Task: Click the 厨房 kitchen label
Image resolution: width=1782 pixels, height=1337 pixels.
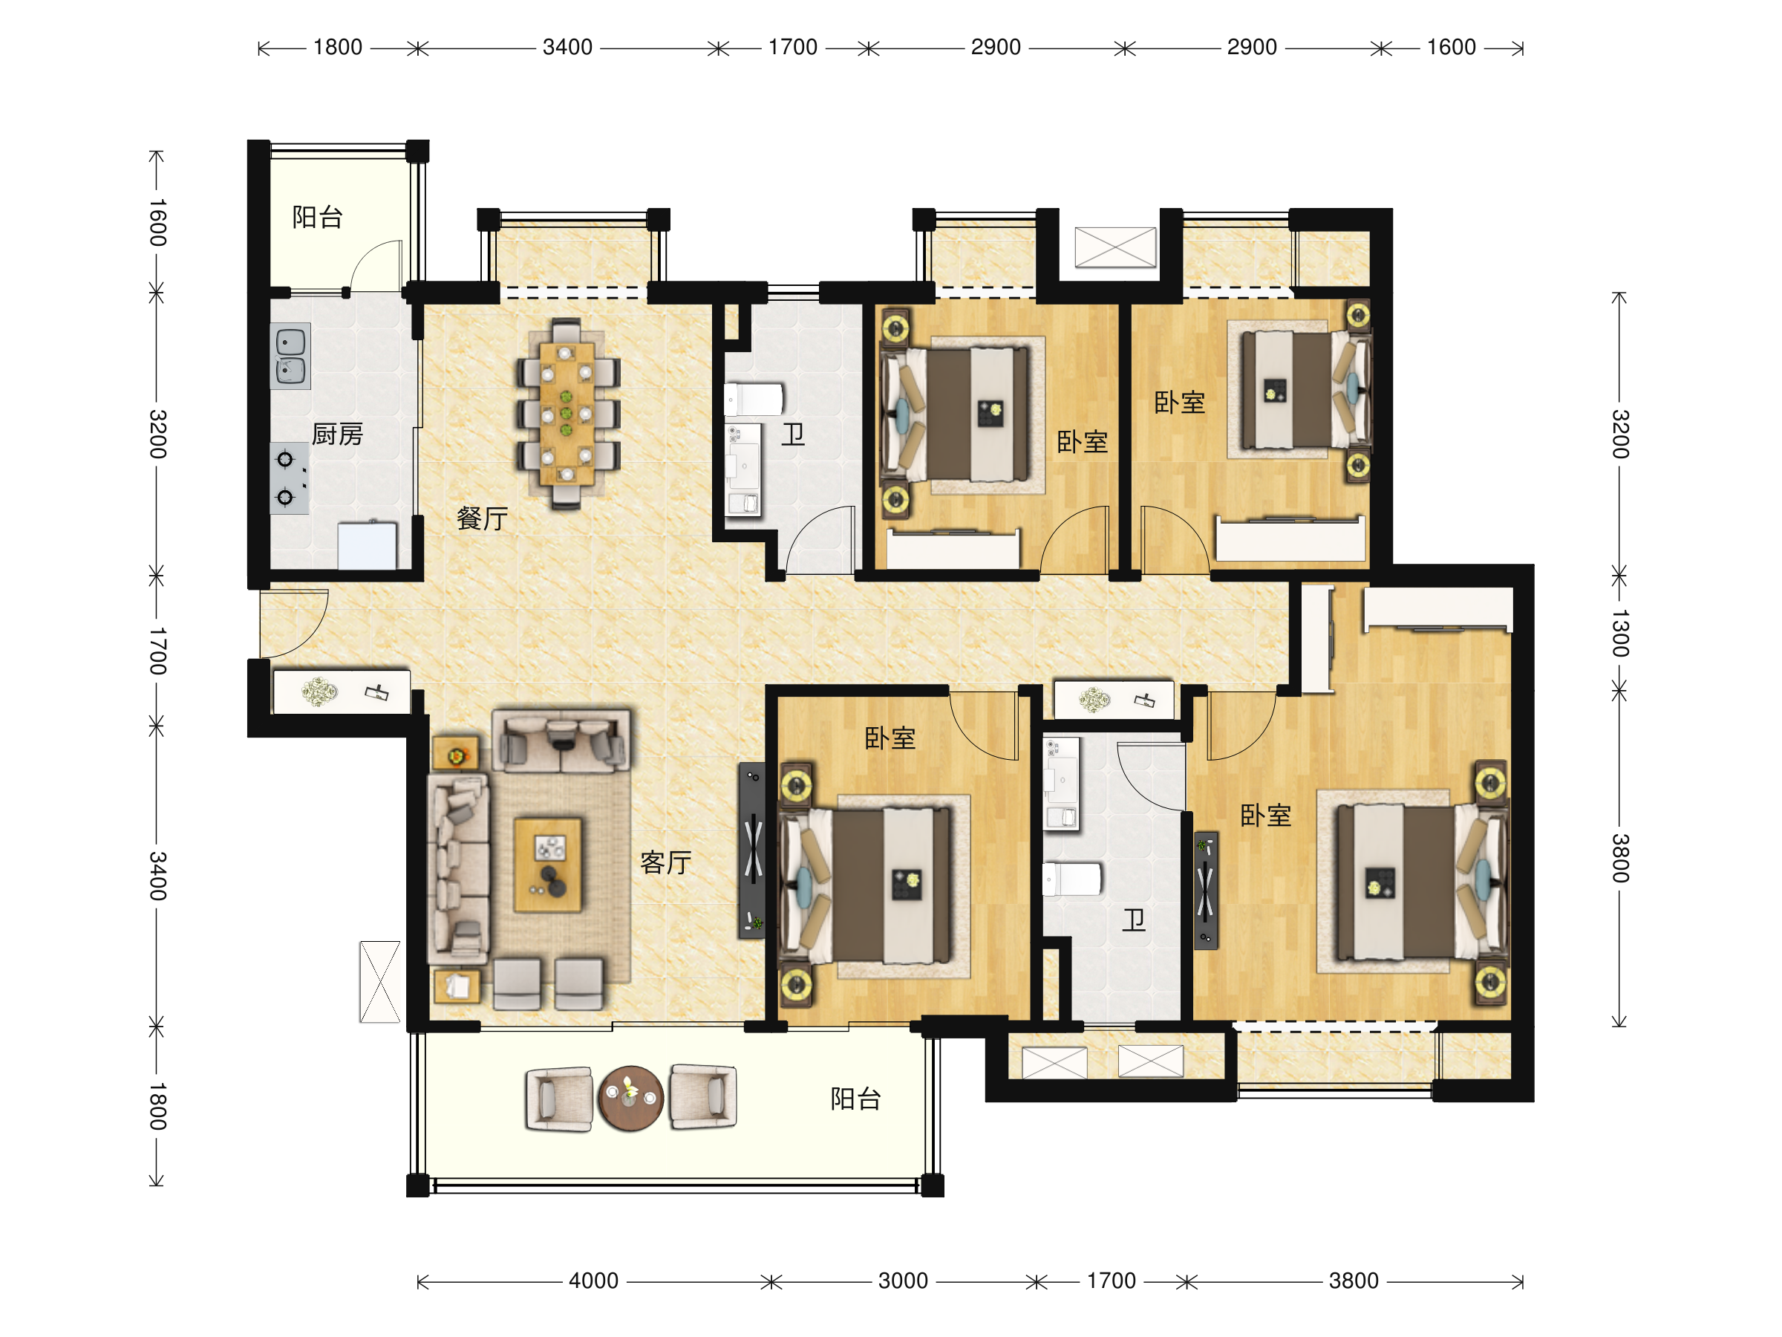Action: pos(338,435)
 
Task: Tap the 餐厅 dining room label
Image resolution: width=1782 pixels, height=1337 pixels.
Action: pos(482,518)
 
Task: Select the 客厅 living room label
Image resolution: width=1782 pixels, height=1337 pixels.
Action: pos(665,862)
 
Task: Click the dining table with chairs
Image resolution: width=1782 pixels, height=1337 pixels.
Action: pos(568,414)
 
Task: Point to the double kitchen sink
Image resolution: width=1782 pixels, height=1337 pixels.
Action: pos(290,357)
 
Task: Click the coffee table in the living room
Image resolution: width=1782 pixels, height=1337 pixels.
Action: pos(548,865)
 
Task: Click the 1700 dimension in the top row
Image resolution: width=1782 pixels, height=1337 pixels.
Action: pos(793,48)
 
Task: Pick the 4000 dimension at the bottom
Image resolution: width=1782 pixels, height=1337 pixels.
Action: pos(594,1281)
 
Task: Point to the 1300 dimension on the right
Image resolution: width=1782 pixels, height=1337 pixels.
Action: pos(1619,634)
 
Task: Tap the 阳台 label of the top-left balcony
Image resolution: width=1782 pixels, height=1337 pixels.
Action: pos(317,217)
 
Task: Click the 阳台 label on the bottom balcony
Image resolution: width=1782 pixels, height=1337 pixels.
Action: pos(855,1099)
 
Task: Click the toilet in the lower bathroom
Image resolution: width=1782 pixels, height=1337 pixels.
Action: pos(1071,879)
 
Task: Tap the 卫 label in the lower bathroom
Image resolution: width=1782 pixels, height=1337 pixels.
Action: pos(1134,920)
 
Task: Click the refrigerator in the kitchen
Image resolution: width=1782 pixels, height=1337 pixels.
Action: pos(368,546)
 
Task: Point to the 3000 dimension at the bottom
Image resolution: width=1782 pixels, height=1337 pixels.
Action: pos(903,1281)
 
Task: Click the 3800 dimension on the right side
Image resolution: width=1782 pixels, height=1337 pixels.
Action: pos(1619,859)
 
